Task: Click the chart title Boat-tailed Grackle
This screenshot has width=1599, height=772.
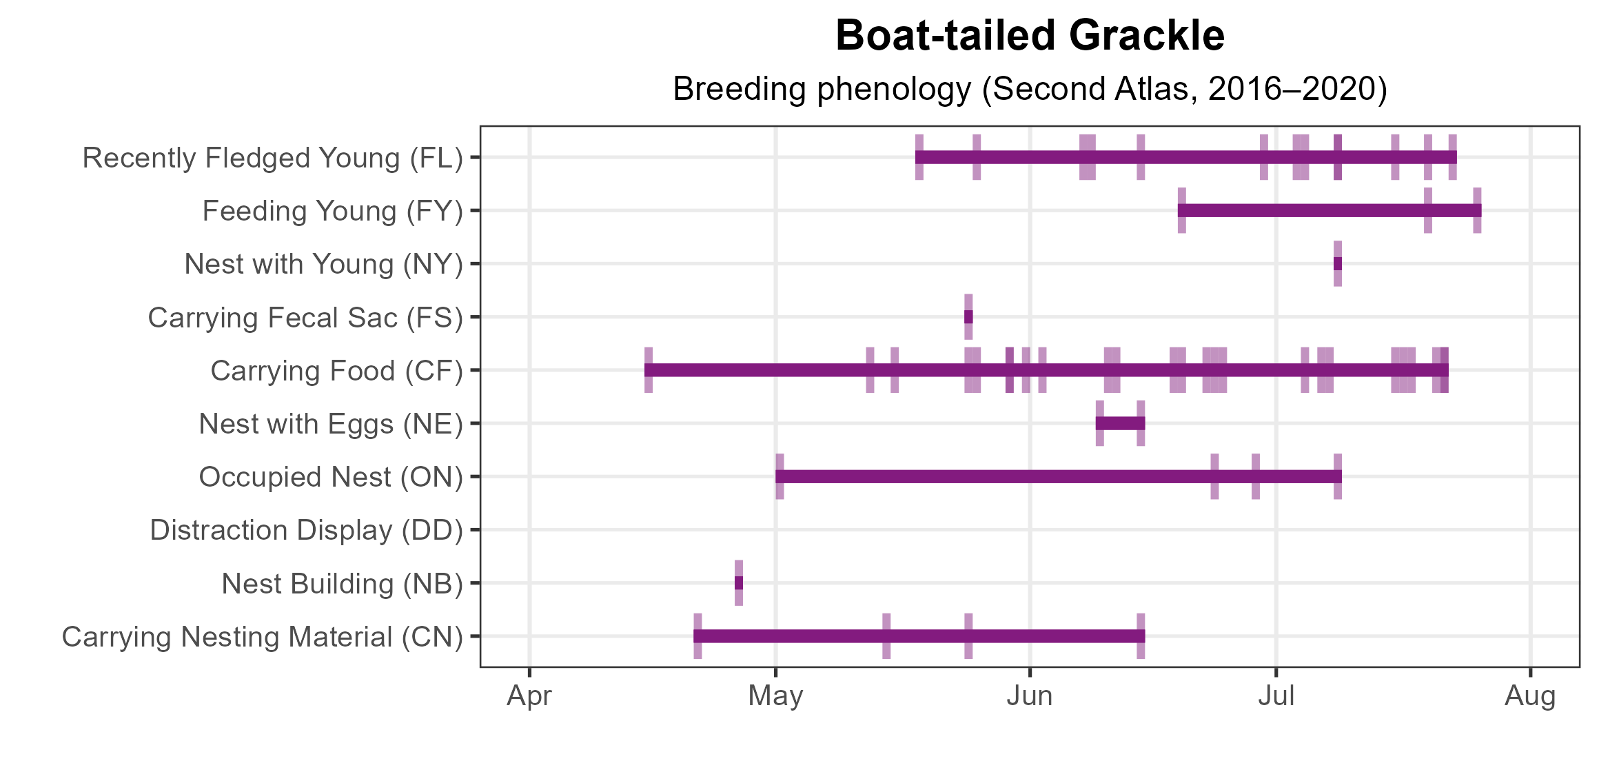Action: tap(1030, 36)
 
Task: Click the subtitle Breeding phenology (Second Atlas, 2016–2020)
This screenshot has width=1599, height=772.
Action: tap(1030, 89)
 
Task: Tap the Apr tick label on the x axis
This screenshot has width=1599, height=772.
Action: tap(529, 696)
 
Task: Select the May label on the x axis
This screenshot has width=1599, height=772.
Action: tap(775, 696)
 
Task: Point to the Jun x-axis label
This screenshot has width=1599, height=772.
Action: tap(1029, 696)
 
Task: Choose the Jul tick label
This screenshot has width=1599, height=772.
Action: tap(1276, 696)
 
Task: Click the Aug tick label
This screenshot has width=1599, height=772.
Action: tap(1529, 696)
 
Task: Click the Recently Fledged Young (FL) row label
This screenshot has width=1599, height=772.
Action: tap(272, 158)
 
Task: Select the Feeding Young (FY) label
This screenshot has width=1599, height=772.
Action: tap(332, 211)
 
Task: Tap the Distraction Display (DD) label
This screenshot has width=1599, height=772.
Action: tap(306, 530)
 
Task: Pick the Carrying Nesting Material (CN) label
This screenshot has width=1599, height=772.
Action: tap(262, 637)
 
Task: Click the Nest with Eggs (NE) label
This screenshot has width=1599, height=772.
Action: tap(330, 424)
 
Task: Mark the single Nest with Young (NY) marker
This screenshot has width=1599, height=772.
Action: tap(1337, 264)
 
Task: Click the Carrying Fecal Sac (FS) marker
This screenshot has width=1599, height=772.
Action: tap(968, 317)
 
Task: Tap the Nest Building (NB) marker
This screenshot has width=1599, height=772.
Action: tap(739, 583)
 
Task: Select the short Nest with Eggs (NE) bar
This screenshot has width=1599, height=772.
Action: tap(1120, 423)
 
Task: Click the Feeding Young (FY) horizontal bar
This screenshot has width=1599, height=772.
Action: tap(1329, 210)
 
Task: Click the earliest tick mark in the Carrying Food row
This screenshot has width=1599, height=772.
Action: tap(649, 371)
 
